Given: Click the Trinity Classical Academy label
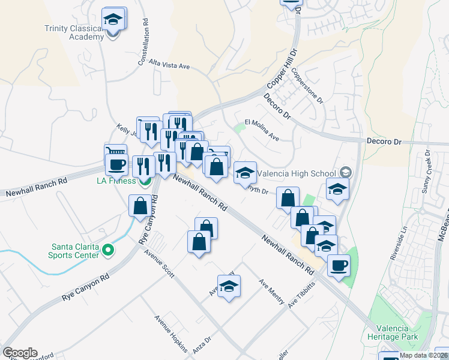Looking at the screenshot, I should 74,32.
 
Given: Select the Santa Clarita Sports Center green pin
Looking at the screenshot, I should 108,250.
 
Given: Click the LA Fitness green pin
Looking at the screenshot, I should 144,182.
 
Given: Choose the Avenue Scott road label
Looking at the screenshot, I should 159,264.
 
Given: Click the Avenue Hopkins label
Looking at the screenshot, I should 171,334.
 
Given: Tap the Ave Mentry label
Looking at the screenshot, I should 271,292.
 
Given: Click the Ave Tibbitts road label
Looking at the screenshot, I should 301,295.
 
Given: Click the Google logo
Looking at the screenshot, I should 20,353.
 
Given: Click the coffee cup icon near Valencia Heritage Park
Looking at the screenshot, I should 339,265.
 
